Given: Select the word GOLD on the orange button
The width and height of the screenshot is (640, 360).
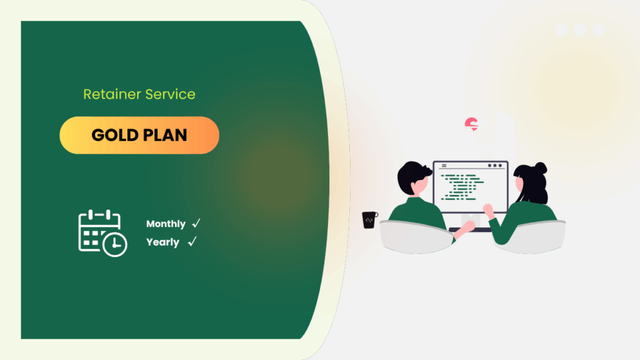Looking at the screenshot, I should point(114,135).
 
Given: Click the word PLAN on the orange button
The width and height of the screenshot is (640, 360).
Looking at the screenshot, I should point(164,135).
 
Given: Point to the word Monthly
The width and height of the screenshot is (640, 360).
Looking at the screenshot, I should point(166,224).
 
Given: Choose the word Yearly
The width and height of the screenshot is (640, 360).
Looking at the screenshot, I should point(162,242).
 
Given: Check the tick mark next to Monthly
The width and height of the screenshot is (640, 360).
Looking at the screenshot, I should point(196,223).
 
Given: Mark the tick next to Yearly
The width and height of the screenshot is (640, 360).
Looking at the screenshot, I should point(192,241).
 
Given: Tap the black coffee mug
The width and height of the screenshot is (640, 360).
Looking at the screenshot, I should point(370,220).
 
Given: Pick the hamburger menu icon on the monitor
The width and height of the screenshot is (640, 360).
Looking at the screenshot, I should point(444,166).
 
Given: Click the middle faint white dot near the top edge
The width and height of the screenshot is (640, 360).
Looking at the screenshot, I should point(580,30).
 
